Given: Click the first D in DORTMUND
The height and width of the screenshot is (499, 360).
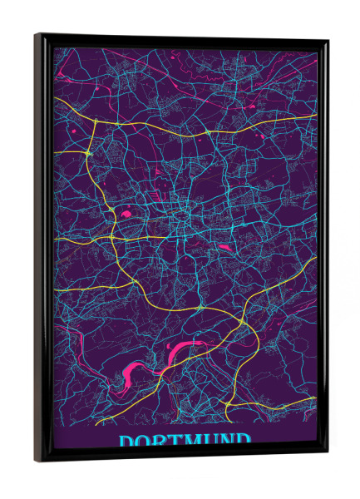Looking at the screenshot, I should pos(128,442).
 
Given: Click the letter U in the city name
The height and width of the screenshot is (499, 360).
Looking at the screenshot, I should pos(216,440).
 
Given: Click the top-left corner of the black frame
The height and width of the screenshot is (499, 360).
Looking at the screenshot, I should pos(37,36).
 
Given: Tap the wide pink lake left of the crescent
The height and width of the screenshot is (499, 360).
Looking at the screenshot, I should pos(131,368).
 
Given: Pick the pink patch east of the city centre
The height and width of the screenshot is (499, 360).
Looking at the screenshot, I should pos(223,247).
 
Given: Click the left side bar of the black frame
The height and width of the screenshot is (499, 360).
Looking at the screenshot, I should pos(42,249).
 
